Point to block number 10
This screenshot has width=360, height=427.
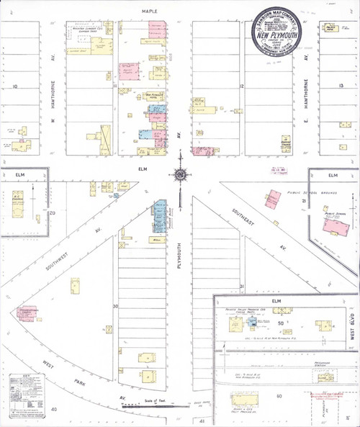[14, 86]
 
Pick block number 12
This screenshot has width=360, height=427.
[242, 86]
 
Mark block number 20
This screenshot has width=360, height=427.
[52, 213]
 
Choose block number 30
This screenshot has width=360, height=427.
[114, 306]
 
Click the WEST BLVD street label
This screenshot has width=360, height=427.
[353, 328]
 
